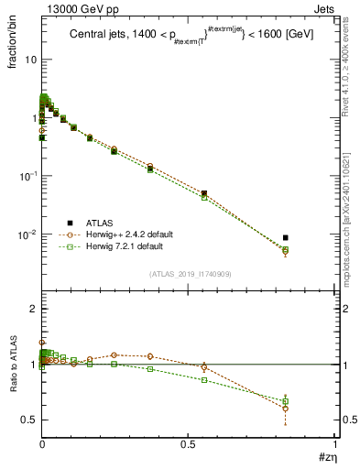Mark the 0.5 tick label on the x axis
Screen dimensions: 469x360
click(188, 444)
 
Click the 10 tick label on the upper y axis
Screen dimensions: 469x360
click(29, 60)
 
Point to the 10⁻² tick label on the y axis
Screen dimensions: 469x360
click(27, 234)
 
